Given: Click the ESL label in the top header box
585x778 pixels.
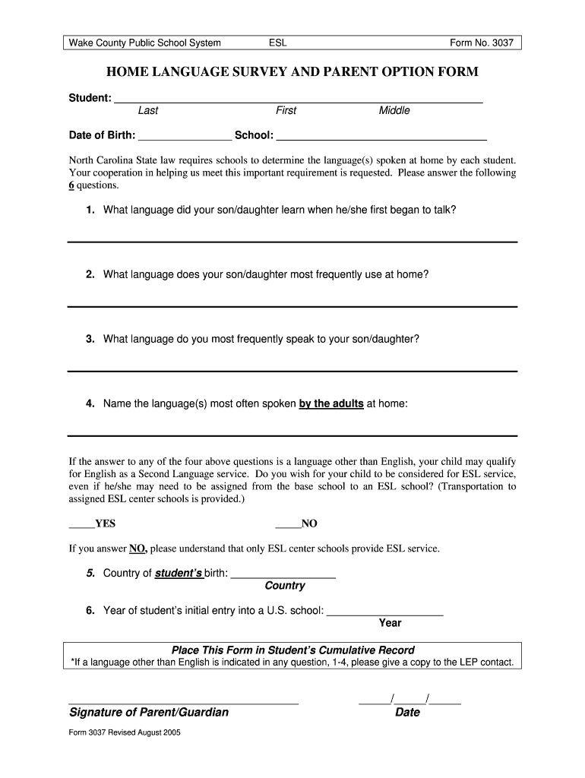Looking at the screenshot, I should pos(278,43).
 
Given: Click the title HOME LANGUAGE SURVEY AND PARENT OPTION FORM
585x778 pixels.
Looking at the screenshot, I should pos(292,73).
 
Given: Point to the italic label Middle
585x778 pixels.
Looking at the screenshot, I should pos(394,111).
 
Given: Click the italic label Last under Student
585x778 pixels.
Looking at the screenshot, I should pos(148,111).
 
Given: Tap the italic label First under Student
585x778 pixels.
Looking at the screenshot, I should pos(286,111).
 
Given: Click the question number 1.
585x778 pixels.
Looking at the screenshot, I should pos(90,209).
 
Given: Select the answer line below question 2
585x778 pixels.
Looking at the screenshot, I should pos(292,305).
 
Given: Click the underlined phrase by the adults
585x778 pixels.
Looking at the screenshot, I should pos(331,403).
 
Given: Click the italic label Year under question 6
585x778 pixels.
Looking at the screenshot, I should pos(390,623).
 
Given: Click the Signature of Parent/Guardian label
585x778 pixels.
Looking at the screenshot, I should pos(149,713).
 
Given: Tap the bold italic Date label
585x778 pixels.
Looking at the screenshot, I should pos(407,713).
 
